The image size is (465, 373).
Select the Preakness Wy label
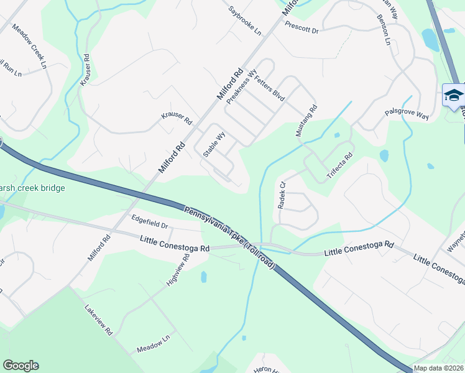pos(242,86)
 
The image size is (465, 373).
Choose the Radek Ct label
pos(280,195)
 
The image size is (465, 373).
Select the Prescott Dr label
pos(302,27)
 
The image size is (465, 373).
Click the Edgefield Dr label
pos(150,221)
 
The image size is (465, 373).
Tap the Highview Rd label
pos(177,270)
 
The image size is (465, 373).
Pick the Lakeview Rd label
pos(99,320)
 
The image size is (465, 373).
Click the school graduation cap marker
pos(454,95)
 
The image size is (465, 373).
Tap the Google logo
pos(21,366)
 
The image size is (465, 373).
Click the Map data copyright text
pos(439,368)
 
